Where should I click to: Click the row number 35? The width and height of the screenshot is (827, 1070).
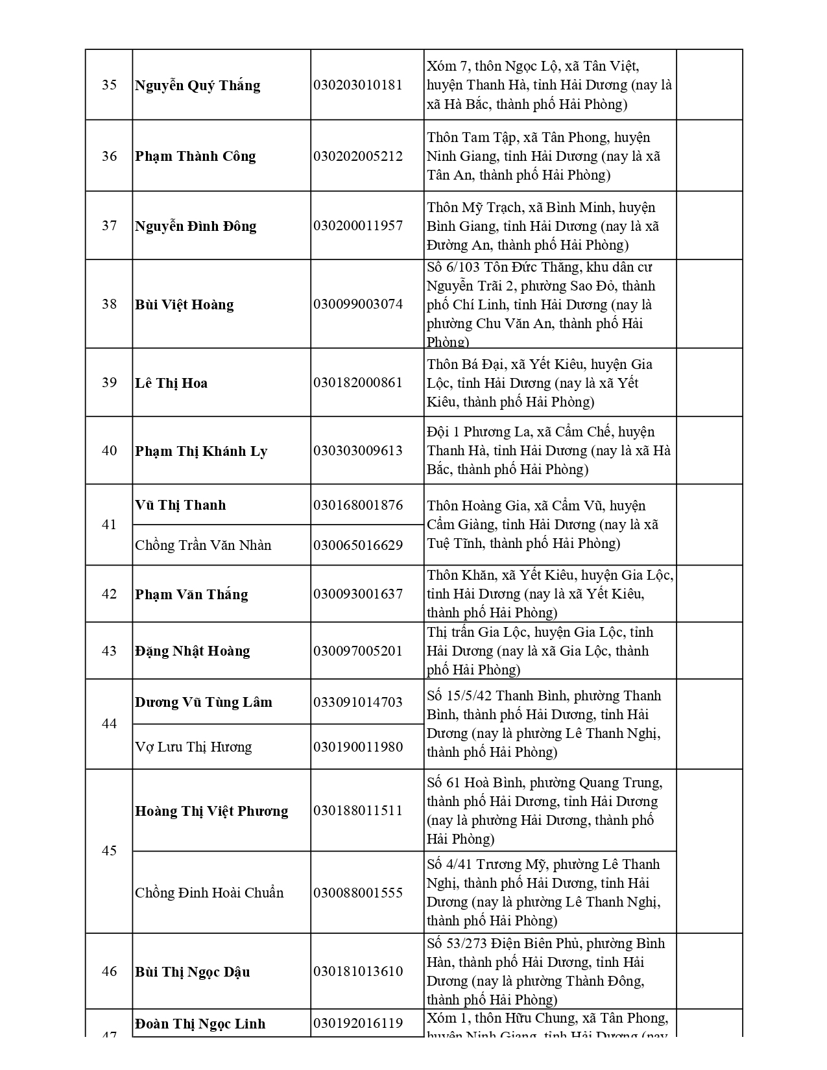109,85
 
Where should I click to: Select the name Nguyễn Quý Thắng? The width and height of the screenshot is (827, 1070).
197,86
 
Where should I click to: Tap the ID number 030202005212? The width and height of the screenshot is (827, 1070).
358,156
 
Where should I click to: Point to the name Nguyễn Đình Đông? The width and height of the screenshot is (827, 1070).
195,226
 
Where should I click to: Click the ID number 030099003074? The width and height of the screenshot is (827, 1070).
358,304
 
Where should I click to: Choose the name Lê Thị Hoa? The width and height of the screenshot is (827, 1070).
171,383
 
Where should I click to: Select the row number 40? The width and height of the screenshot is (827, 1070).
109,451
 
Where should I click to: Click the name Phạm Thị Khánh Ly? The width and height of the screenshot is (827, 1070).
201,451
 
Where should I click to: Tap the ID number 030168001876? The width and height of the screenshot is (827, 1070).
358,505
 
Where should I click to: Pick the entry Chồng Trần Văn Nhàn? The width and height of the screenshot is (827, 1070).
203,545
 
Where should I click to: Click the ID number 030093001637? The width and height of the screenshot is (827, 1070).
358,594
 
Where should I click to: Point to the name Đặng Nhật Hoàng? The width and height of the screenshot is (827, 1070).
192,651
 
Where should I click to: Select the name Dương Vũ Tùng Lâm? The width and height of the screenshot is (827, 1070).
204,702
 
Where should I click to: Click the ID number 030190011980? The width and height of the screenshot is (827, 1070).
358,747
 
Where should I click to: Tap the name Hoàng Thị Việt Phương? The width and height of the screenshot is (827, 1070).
211,811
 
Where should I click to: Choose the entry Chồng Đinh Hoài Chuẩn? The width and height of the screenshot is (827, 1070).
209,893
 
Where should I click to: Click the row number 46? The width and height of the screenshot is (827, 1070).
109,971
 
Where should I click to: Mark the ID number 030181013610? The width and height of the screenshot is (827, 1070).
358,971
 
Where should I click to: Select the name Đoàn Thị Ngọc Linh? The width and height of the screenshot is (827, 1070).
200,1024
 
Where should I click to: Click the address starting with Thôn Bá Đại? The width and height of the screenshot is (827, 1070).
540,383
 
